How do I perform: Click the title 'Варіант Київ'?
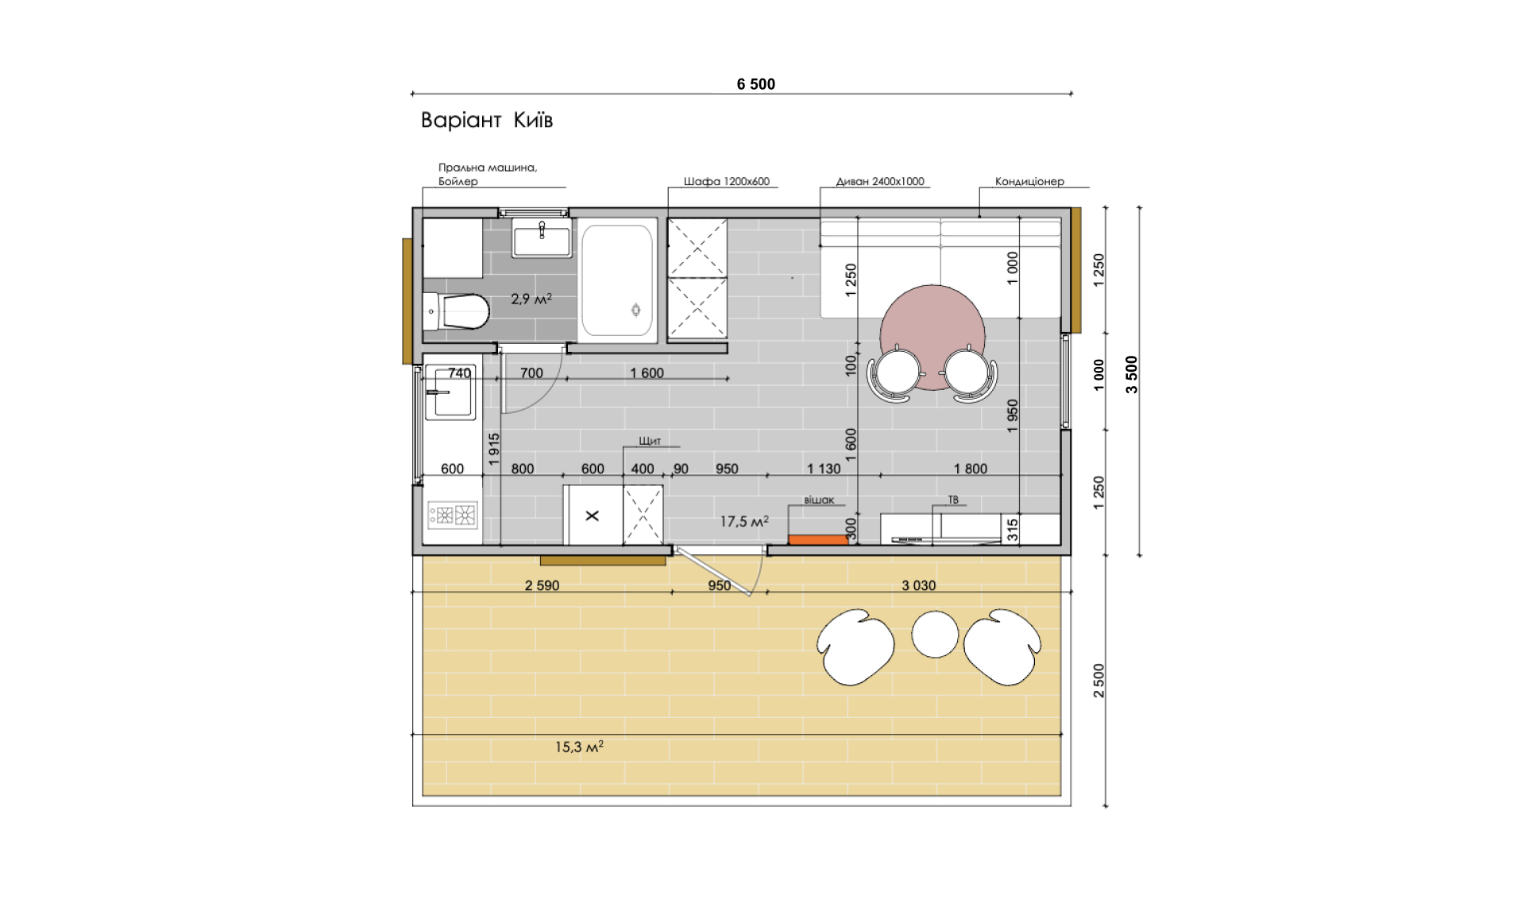[486, 120]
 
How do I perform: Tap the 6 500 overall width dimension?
[756, 84]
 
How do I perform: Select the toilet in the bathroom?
[456, 311]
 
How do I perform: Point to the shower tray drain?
[635, 310]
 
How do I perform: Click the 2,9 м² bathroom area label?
[531, 299]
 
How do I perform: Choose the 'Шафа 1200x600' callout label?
[727, 181]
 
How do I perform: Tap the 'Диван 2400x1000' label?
[880, 181]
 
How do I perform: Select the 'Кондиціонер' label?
[1029, 181]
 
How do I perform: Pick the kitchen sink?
[450, 392]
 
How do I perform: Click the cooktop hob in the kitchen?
[453, 515]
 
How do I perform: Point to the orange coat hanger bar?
[818, 540]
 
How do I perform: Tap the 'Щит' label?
[650, 441]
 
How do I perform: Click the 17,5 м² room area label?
[744, 521]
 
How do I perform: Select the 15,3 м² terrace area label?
[579, 747]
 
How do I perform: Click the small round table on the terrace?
[935, 634]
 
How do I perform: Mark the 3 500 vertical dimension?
[1132, 374]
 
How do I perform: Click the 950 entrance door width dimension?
[719, 585]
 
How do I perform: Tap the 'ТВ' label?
[953, 500]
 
